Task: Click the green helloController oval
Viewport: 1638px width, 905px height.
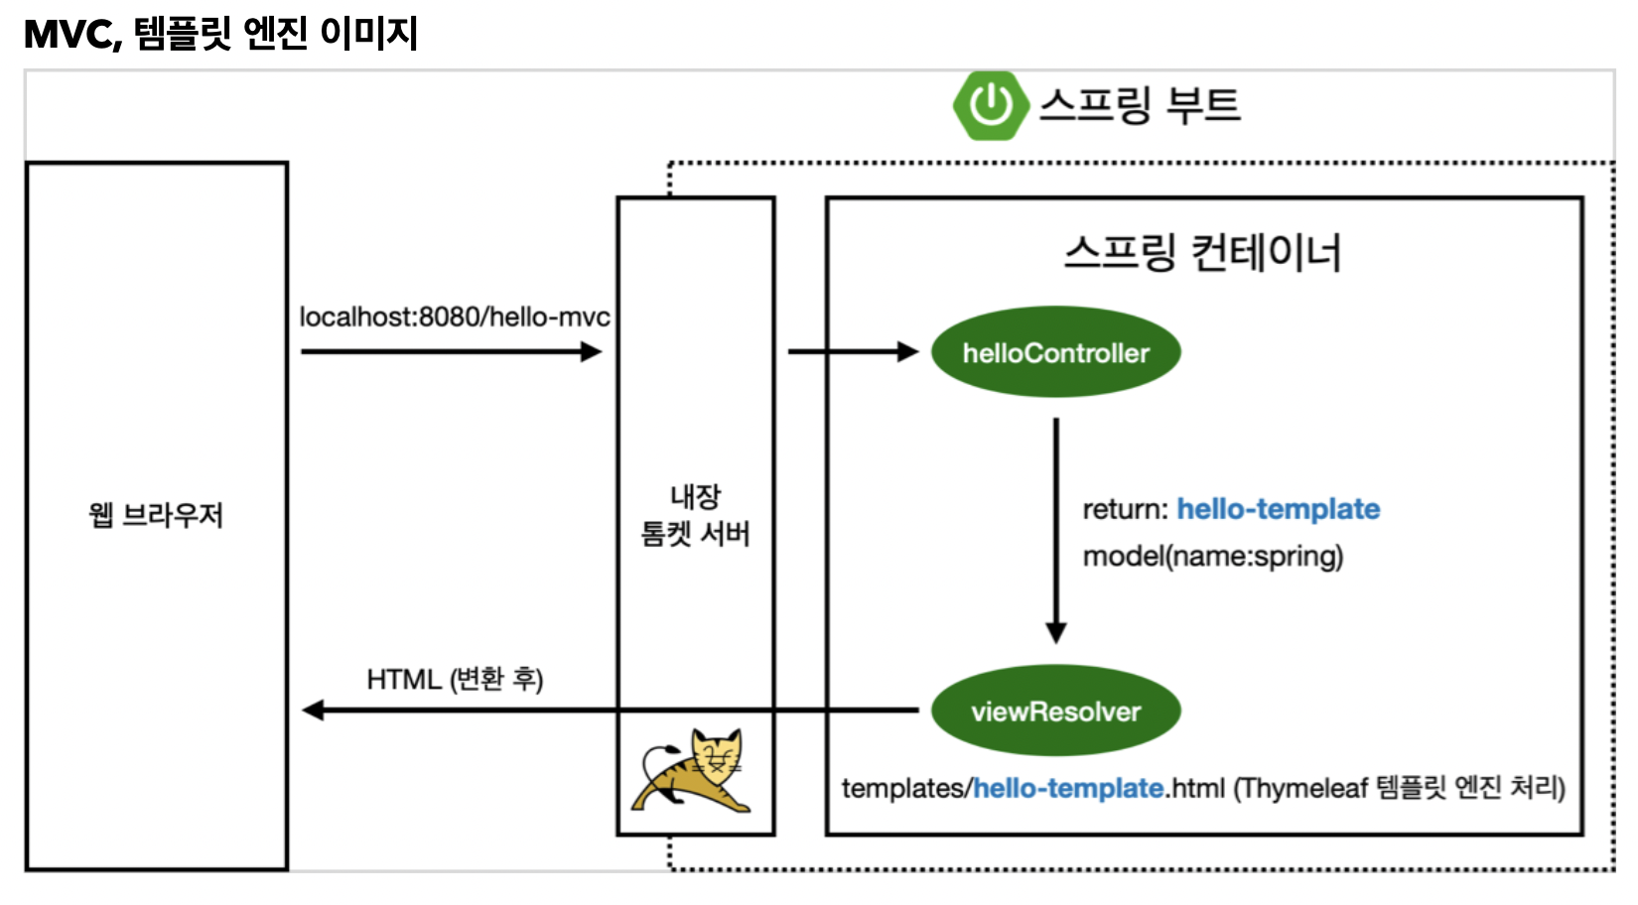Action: pos(1055,352)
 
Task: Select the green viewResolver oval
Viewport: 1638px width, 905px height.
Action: pos(1055,711)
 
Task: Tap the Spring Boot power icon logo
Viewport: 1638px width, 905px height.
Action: pos(990,105)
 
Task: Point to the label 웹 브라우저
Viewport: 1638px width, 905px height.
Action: pos(156,515)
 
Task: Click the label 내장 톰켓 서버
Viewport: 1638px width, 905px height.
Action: pos(695,515)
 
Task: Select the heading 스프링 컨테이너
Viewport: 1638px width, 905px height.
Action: pos(1202,252)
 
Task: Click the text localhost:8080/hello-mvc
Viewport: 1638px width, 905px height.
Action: pos(455,317)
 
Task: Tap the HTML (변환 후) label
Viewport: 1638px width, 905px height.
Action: pos(455,679)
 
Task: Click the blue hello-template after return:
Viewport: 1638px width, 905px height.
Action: pos(1278,509)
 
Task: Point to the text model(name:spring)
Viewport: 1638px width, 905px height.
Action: pos(1212,556)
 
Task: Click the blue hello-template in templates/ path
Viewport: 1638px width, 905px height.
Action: pos(1068,788)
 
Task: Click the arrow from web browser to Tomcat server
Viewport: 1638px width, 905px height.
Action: pos(452,351)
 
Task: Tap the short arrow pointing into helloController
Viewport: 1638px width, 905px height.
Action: pos(852,351)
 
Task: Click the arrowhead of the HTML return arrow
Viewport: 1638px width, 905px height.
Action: pos(314,710)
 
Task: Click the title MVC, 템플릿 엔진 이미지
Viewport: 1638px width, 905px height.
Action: pos(220,34)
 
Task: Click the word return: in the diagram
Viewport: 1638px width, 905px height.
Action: pos(1125,509)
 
